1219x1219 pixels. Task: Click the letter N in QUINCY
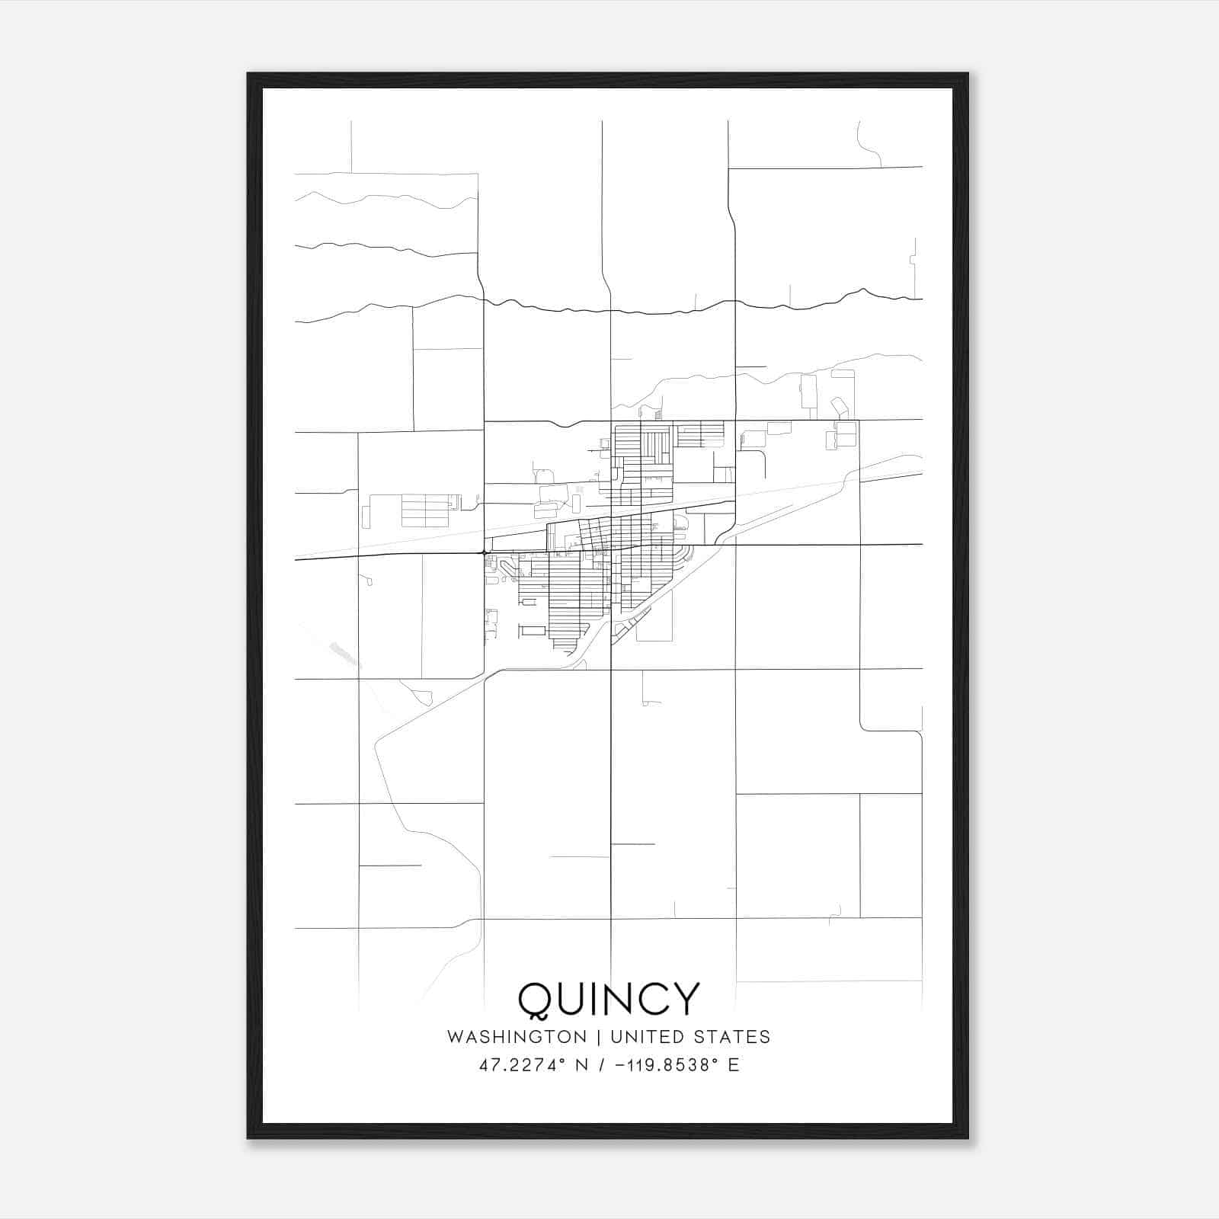point(614,999)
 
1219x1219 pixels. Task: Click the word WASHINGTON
point(517,1037)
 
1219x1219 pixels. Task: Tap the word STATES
point(734,1037)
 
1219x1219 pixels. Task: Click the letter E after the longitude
point(734,1065)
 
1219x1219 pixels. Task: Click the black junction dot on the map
point(484,552)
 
